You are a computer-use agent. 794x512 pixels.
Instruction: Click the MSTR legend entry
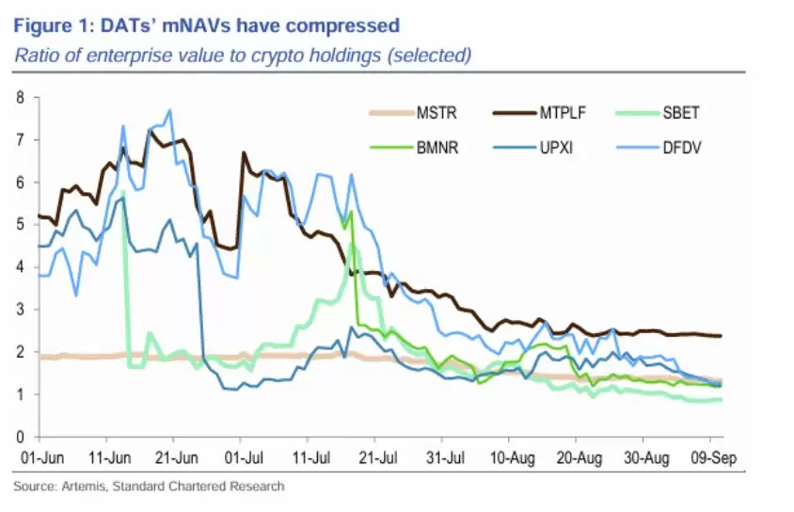click(428, 115)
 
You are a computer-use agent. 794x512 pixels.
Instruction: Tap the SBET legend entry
click(685, 115)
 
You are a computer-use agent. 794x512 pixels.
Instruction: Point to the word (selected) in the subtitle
click(429, 55)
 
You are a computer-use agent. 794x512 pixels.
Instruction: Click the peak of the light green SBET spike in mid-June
click(123, 192)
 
